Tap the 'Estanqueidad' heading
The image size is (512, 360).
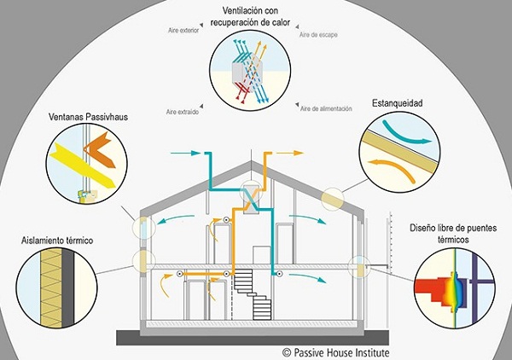[398, 104]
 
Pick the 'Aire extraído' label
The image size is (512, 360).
[183, 112]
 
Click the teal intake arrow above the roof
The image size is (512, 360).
[183, 154]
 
